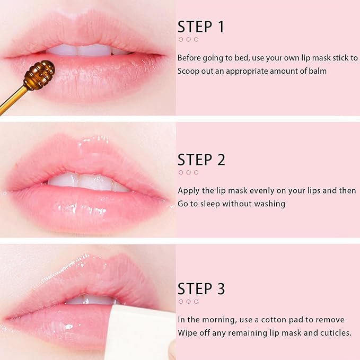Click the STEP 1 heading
201,27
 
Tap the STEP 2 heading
201,160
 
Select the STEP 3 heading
201,289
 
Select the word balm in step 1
317,71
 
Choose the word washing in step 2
270,204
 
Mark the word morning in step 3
216,320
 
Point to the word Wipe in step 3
188,333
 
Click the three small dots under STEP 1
188,39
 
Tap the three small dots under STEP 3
188,301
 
